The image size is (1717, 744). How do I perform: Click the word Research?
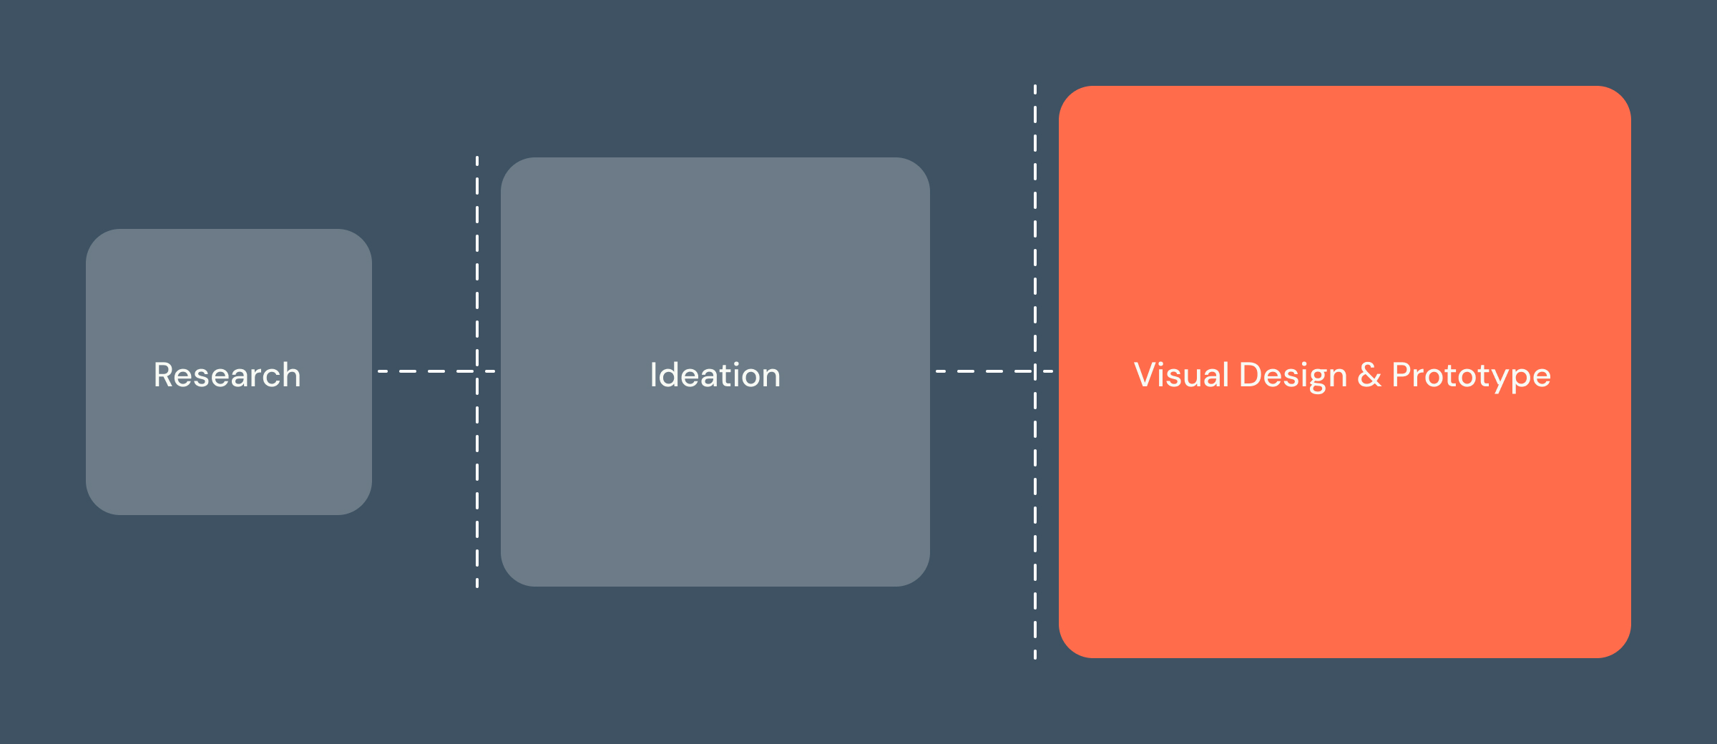(227, 376)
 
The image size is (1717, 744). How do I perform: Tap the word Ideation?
(715, 376)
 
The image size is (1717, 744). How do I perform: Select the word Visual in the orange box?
(1181, 376)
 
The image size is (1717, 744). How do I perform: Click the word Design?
(1293, 376)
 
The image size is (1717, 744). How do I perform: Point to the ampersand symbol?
(1369, 376)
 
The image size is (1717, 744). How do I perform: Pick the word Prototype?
(1471, 376)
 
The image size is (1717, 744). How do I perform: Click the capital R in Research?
(164, 376)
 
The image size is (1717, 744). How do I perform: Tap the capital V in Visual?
(1145, 376)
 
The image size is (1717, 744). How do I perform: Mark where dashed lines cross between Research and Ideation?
(477, 371)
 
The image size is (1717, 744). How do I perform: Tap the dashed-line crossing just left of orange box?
(1035, 371)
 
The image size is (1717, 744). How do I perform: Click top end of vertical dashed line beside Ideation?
(477, 158)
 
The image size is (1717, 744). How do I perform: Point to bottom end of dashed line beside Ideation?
(477, 585)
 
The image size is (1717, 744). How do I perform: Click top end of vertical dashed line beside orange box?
(1035, 87)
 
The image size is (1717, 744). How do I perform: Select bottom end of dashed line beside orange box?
(1035, 657)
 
